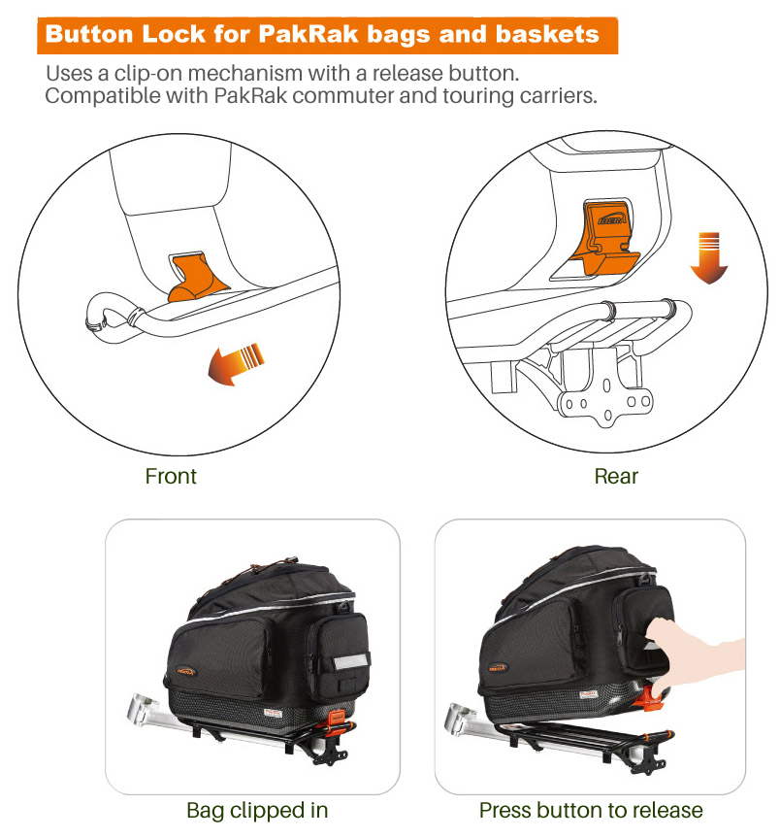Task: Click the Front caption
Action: (x=173, y=476)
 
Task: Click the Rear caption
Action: (x=616, y=476)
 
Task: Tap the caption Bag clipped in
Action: (x=257, y=811)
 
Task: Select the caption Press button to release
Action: (x=591, y=811)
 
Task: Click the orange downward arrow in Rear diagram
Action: (x=710, y=257)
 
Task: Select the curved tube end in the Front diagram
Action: (x=99, y=315)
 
